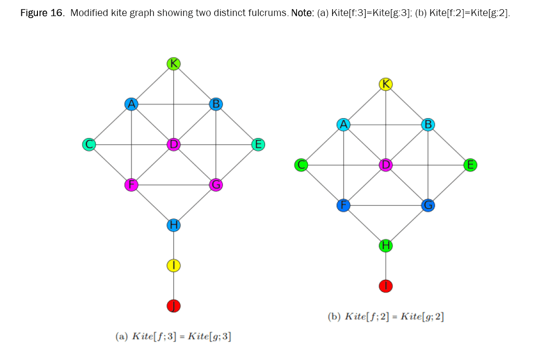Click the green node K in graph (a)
(x=174, y=63)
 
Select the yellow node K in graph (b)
(x=386, y=84)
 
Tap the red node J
(x=174, y=306)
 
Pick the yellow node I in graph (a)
(x=174, y=265)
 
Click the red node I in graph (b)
(x=386, y=286)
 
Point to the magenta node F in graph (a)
(x=131, y=185)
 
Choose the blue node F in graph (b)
(x=343, y=206)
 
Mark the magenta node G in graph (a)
(x=216, y=185)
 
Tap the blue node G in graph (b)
(x=428, y=206)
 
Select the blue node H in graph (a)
(x=174, y=225)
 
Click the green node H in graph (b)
(x=386, y=246)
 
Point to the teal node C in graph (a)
(x=88, y=144)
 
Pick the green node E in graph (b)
(x=470, y=165)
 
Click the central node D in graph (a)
(x=174, y=144)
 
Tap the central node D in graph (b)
(x=386, y=165)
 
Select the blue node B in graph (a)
(x=216, y=103)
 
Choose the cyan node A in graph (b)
(x=343, y=124)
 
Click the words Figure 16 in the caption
(x=42, y=13)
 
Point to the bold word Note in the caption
(x=301, y=13)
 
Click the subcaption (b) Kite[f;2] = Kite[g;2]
(x=386, y=317)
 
